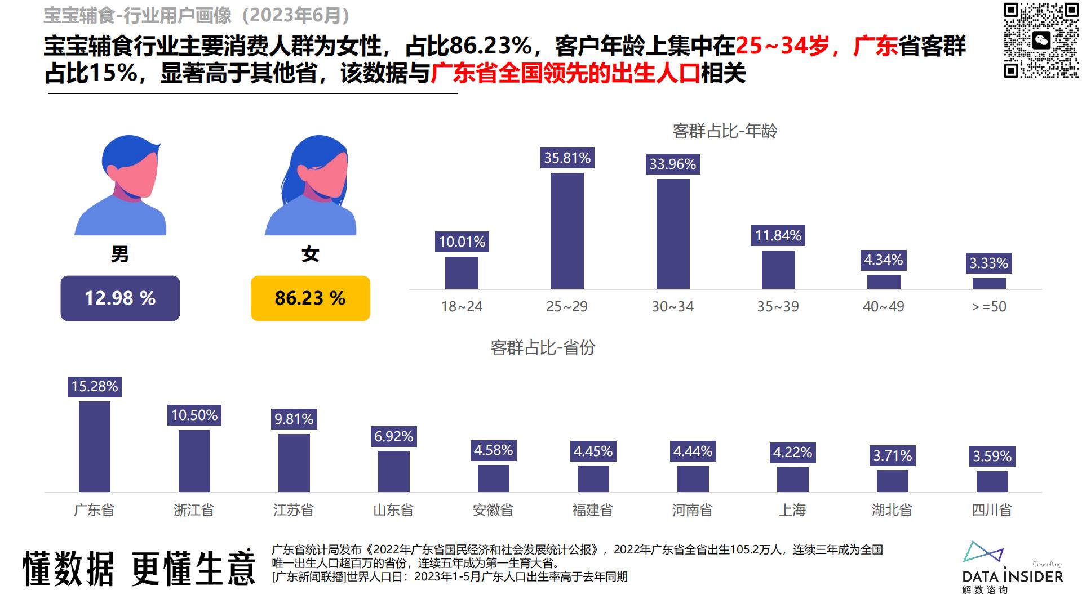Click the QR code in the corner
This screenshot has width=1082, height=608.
click(1041, 40)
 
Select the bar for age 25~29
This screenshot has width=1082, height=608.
click(567, 231)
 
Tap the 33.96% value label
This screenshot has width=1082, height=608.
click(672, 164)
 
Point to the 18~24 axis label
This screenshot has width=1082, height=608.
click(462, 306)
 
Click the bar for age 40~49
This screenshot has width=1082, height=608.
click(883, 281)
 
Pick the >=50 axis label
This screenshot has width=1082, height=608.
click(989, 306)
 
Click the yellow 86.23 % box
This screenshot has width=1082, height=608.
click(310, 298)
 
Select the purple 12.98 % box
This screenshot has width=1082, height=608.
click(120, 298)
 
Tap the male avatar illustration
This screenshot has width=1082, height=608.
click(121, 186)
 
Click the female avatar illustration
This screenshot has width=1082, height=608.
click(311, 186)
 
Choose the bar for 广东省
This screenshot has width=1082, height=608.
click(95, 446)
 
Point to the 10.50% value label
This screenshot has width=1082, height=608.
click(194, 415)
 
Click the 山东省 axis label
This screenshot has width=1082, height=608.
click(393, 510)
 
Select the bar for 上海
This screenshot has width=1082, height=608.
click(792, 480)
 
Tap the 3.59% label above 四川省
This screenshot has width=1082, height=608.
click(992, 456)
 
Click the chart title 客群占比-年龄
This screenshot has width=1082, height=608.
click(725, 131)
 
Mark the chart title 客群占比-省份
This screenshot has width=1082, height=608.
click(543, 348)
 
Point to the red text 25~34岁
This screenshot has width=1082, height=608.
click(782, 46)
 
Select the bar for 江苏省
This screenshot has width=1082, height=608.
click(294, 463)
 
